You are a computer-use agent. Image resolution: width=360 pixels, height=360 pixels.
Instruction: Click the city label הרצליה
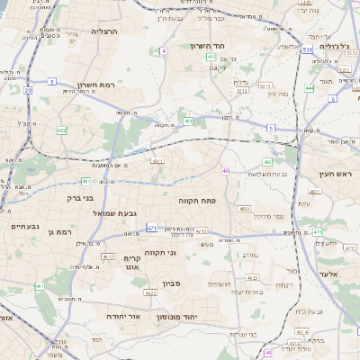[104, 31]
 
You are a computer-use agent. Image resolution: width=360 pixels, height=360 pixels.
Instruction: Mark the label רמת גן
[62, 232]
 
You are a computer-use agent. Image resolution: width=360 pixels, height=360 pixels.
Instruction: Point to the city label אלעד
[328, 274]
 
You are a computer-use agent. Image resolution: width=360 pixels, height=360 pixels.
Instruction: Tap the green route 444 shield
[310, 88]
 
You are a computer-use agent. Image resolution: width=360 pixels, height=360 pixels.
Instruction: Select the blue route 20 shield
[28, 90]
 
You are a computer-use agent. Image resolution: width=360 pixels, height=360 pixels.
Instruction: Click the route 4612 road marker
[108, 256]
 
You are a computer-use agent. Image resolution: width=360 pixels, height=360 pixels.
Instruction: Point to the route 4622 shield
[150, 292]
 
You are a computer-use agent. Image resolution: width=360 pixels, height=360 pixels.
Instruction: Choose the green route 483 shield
[267, 163]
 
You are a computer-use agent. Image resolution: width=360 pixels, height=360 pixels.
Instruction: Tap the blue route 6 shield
[333, 98]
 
